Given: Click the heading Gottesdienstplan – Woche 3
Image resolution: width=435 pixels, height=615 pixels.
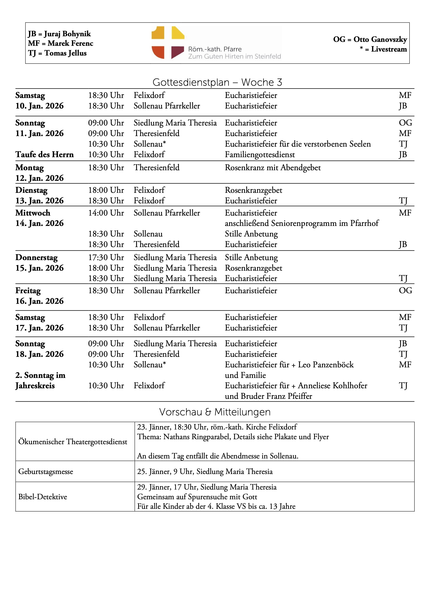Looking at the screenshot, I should click(x=217, y=82).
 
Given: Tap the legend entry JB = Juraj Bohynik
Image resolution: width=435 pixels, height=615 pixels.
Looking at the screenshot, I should click(x=59, y=34).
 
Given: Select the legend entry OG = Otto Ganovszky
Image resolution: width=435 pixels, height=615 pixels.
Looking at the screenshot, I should click(x=370, y=39).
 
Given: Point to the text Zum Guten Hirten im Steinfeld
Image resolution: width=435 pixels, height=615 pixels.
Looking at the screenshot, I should click(x=235, y=57).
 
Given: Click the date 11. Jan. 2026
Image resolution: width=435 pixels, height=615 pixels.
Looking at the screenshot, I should click(x=39, y=133).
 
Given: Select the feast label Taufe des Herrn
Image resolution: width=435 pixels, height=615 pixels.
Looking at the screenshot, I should click(x=45, y=154).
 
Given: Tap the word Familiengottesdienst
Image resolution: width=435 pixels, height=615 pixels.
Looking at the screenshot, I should click(x=260, y=154).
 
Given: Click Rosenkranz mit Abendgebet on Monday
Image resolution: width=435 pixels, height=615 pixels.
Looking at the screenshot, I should click(x=273, y=168).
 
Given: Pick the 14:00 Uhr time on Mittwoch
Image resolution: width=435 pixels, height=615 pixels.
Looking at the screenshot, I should click(x=106, y=213).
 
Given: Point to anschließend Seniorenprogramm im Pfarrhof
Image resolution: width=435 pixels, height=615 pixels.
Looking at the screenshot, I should click(x=302, y=223).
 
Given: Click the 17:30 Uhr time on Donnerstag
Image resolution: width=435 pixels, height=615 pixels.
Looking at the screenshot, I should click(x=106, y=257).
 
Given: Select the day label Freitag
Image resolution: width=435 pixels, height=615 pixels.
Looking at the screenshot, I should click(x=28, y=291).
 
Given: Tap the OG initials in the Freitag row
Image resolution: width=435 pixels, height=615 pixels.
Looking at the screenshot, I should click(x=405, y=291).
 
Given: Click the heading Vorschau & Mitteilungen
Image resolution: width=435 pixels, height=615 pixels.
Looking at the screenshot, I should click(x=215, y=412).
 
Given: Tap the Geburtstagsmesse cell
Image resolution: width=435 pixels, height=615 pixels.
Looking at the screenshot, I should click(x=46, y=471).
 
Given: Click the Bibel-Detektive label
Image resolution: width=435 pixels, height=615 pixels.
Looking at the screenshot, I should click(x=43, y=497).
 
